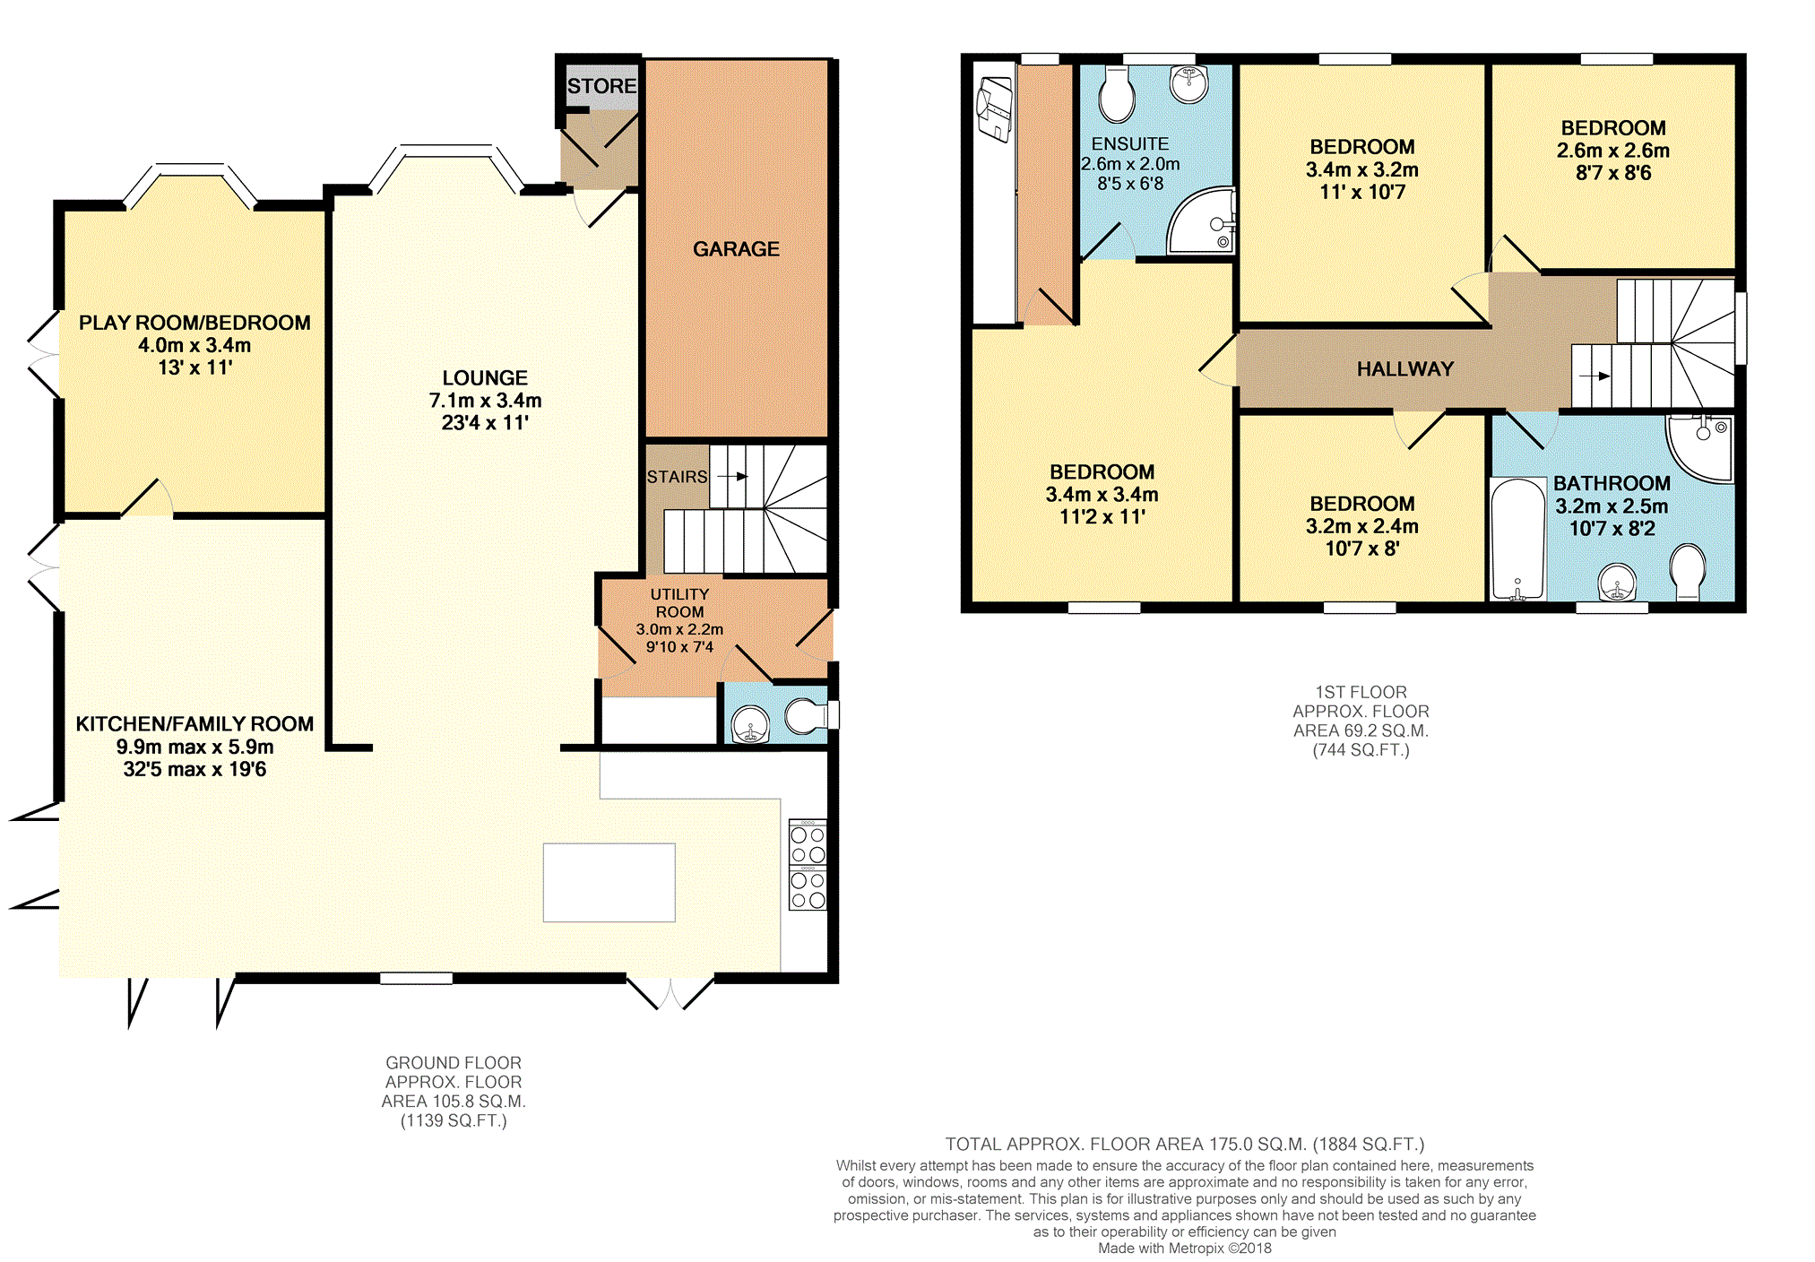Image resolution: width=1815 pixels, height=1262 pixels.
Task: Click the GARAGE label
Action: (x=736, y=249)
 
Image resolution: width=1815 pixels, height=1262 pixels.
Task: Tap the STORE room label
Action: (x=601, y=86)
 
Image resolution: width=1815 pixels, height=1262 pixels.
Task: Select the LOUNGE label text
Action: (x=485, y=378)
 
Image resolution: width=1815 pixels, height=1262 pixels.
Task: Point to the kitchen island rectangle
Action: (x=609, y=882)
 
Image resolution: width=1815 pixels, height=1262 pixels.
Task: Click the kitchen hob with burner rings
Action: (x=808, y=865)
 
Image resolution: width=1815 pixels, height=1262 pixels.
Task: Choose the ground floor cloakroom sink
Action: (x=750, y=724)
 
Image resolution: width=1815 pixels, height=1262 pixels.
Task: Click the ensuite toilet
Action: (x=1117, y=96)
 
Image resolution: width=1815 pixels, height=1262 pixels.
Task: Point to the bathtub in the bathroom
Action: (x=1517, y=539)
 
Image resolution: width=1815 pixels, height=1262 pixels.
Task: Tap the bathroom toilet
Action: (x=1688, y=572)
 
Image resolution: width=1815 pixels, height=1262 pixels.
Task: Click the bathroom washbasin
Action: (x=1617, y=583)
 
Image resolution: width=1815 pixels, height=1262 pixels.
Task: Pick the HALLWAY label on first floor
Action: (x=1404, y=369)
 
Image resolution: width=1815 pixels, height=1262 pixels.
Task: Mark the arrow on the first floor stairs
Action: (x=1594, y=376)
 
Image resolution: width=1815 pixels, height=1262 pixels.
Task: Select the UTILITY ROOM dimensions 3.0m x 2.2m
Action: (x=679, y=629)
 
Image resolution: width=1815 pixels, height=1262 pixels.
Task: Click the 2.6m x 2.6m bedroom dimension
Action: (x=1613, y=151)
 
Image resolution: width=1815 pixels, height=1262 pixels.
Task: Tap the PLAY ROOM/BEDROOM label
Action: (x=194, y=323)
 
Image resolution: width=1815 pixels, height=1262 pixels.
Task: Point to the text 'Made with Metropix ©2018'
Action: (x=1185, y=1248)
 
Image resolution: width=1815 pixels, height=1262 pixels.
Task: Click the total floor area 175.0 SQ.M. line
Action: (x=1185, y=1144)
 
